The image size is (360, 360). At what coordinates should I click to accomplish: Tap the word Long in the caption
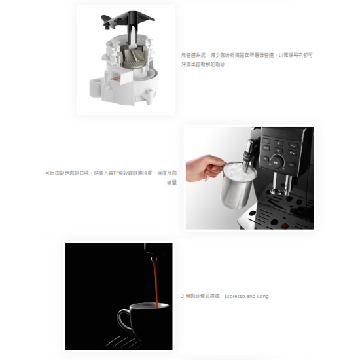click(262, 296)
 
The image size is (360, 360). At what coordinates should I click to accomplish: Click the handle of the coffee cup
click(123, 320)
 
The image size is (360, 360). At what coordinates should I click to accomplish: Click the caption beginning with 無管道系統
click(247, 60)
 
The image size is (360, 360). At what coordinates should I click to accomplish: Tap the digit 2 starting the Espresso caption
click(183, 296)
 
